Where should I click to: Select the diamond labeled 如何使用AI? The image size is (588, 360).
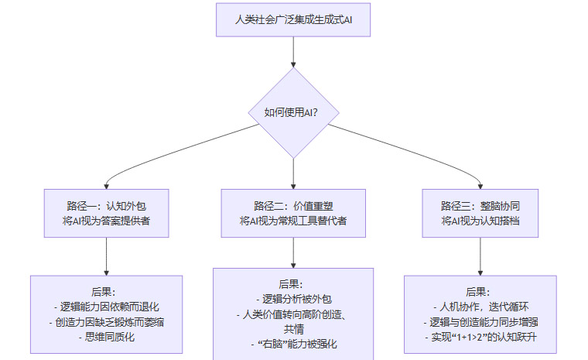point(293,112)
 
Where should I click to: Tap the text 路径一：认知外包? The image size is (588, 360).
point(106,206)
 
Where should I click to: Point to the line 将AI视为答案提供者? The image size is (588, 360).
point(106,221)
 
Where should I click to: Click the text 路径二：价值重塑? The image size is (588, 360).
point(293,206)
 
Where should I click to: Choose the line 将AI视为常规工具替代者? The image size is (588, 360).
point(293,221)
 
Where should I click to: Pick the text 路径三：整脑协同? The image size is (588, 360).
point(480,206)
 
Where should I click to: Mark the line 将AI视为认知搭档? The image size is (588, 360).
point(480,221)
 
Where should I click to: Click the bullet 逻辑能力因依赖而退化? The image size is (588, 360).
point(106,307)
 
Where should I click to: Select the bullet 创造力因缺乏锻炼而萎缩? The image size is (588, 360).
point(106,321)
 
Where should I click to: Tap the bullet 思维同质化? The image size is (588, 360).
point(106,336)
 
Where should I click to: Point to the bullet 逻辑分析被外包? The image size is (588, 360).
point(293,299)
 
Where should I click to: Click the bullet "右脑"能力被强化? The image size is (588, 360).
point(293,343)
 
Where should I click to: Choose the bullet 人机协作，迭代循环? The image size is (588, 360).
point(480,307)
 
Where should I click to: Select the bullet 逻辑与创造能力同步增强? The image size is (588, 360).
point(480,321)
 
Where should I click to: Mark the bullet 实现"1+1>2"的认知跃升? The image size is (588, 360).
point(480,336)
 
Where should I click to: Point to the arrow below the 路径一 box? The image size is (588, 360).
point(106,255)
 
